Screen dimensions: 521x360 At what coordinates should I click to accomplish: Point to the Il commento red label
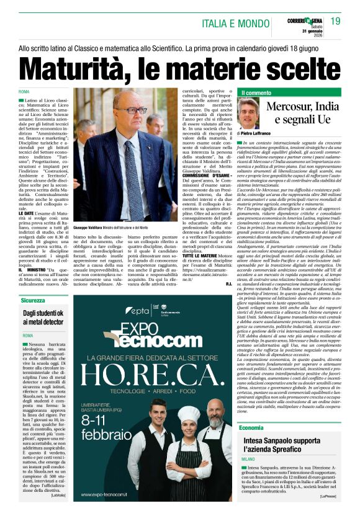pos(255,92)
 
